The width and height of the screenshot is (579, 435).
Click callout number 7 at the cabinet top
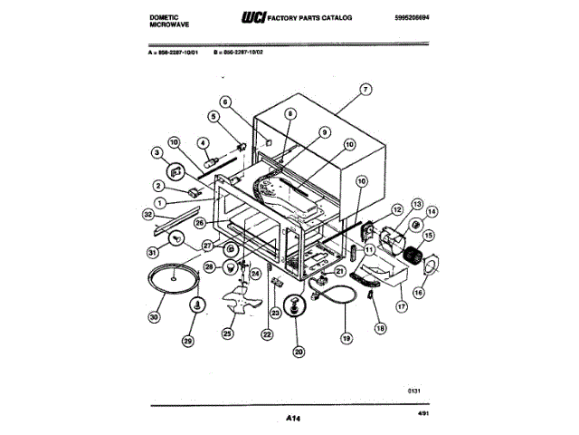[365, 90]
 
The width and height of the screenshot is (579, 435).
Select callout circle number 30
[152, 316]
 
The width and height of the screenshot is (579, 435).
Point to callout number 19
[346, 340]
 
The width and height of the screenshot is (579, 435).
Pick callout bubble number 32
[147, 215]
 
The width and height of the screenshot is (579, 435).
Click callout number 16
[419, 293]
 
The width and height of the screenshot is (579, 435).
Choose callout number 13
[417, 204]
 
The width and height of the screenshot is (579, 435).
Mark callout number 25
[228, 333]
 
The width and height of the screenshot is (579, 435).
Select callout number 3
[156, 153]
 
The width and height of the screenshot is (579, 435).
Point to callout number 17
[403, 306]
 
